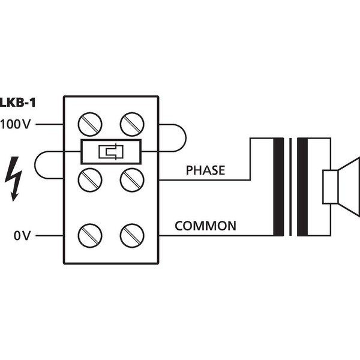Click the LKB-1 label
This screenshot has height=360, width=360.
pos(18,103)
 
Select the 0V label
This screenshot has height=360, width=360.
pos(22,236)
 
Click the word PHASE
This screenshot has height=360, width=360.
pos(205,170)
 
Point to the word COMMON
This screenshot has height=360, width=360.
pos(205,226)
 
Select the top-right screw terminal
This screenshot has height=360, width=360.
pos(130,125)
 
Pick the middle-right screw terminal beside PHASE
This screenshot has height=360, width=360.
pos(130,179)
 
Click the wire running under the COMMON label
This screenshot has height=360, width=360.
pos(204,235)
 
